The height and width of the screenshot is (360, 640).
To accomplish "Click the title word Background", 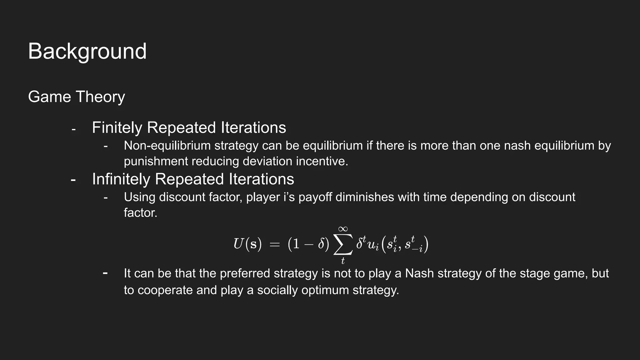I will [87, 52].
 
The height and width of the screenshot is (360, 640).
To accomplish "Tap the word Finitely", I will [117, 128].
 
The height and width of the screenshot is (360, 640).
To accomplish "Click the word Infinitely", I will [121, 179].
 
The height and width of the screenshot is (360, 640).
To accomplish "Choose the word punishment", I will [156, 162].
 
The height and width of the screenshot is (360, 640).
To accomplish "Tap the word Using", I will [139, 197].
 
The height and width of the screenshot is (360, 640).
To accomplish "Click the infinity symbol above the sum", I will [343, 229].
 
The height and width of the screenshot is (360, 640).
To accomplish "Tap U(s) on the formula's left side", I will [247, 244].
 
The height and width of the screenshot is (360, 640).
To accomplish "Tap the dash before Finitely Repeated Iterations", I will [73, 129].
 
